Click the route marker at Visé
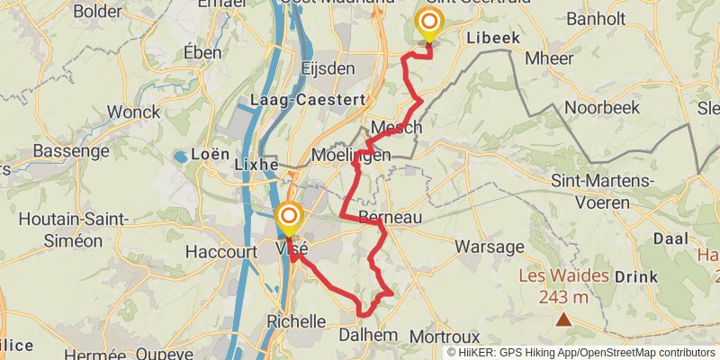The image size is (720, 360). (288, 217)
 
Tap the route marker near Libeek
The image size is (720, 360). (429, 22)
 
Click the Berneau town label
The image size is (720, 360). (390, 218)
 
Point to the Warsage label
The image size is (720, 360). (489, 246)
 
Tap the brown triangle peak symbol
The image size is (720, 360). (562, 319)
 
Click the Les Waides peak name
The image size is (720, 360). (562, 276)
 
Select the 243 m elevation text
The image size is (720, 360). (564, 297)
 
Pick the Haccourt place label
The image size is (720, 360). (220, 252)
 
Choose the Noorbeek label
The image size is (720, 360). (601, 107)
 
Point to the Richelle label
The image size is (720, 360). (296, 321)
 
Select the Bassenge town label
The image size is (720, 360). (70, 151)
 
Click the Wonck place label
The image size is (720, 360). (133, 112)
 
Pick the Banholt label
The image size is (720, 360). (595, 17)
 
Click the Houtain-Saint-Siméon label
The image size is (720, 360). (74, 229)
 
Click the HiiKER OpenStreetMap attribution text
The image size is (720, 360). (581, 353)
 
